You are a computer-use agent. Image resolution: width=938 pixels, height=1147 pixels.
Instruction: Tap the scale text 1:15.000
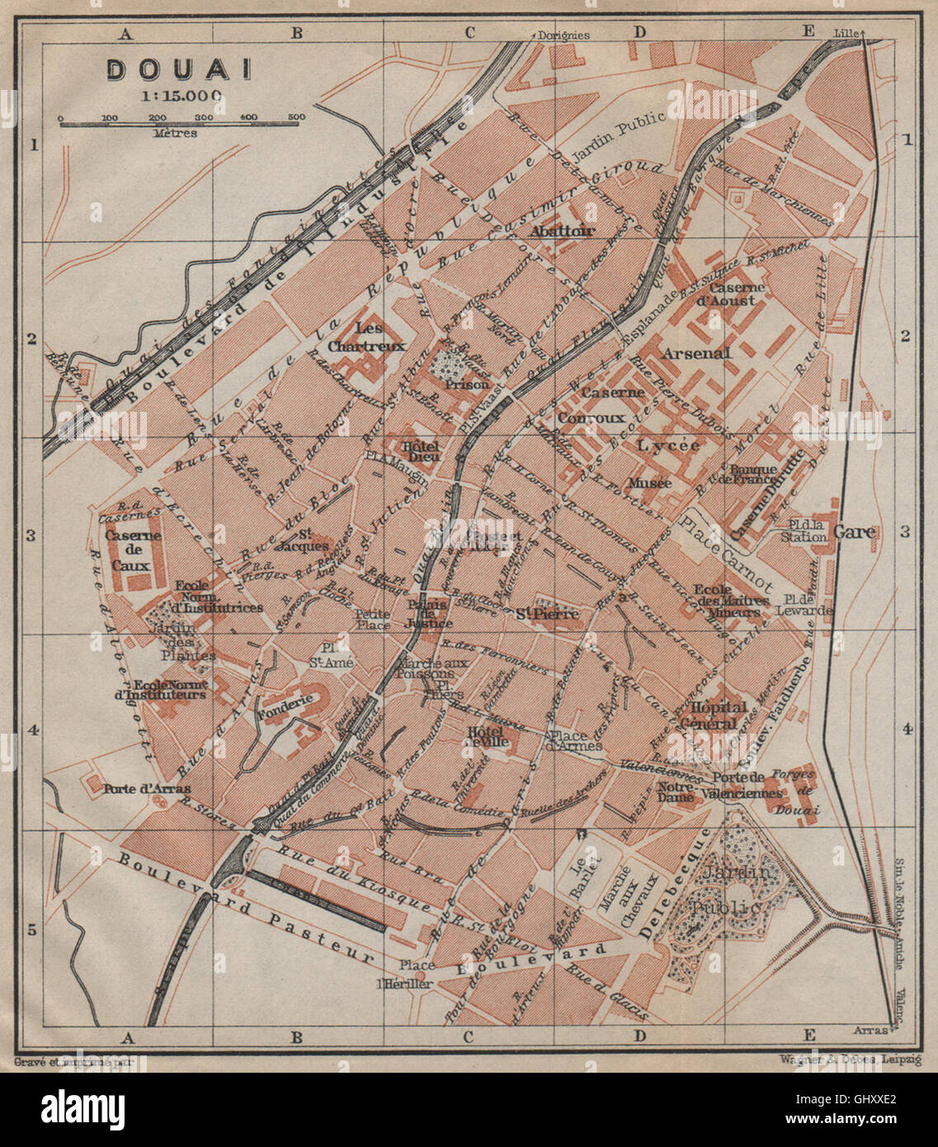(x=181, y=95)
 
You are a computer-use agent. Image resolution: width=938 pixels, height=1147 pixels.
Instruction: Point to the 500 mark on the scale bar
(x=297, y=117)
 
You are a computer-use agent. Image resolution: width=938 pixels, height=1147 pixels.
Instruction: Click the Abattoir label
(x=563, y=231)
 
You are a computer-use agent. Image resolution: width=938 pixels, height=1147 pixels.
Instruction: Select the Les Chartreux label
(x=366, y=338)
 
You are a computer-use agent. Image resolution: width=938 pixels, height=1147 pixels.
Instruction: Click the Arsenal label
(x=695, y=353)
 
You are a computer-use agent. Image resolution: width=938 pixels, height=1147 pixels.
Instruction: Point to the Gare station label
(x=854, y=532)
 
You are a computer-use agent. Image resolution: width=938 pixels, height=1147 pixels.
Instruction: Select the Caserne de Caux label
(x=133, y=550)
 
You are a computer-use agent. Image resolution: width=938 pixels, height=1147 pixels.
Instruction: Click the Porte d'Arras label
(x=136, y=788)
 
